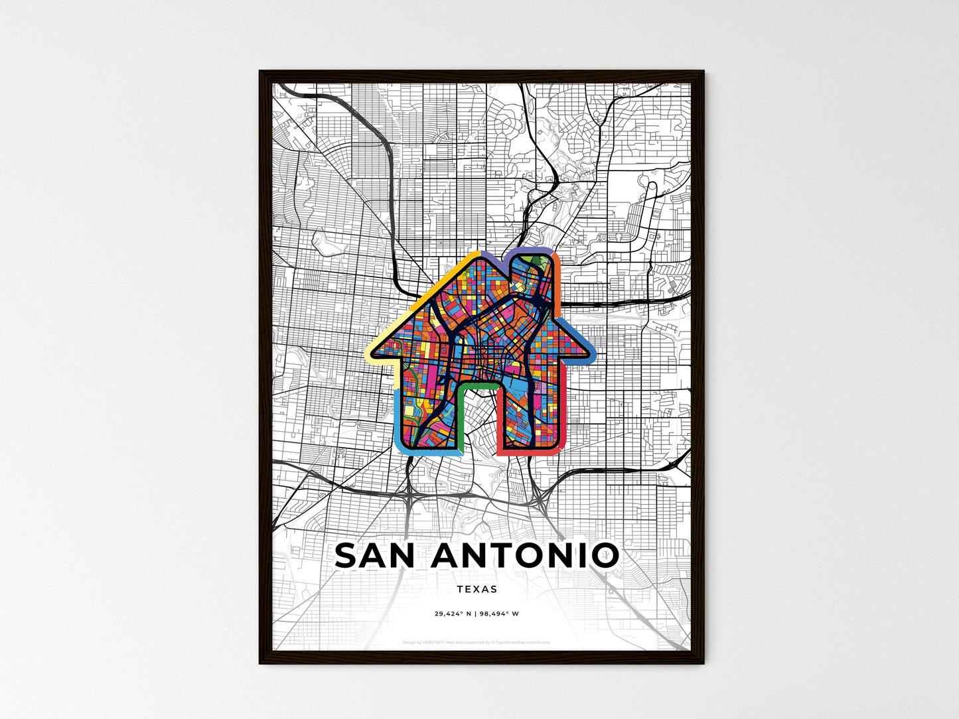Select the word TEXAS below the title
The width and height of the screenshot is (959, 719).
477,589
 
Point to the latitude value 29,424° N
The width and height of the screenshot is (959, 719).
453,614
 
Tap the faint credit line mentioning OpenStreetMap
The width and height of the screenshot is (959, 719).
477,642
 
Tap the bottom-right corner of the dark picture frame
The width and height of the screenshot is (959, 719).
703,663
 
